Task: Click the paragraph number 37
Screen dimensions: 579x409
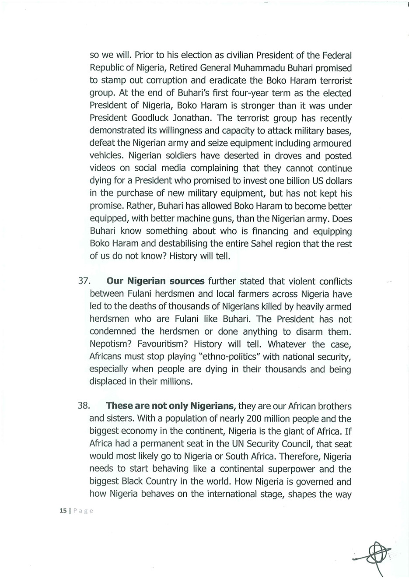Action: pyautogui.click(x=84, y=281)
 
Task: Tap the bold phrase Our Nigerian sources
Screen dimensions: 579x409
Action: pyautogui.click(x=156, y=281)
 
